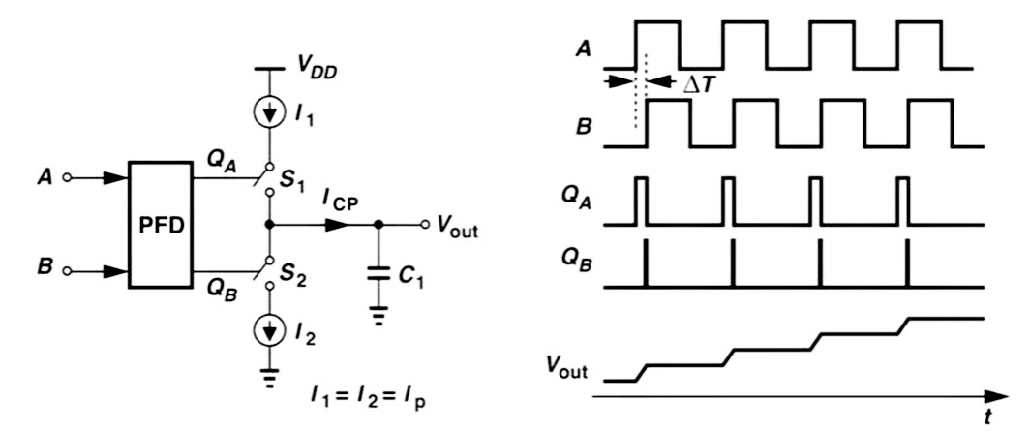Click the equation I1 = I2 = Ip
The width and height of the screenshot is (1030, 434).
[367, 398]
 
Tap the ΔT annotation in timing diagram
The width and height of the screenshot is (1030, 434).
[700, 85]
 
